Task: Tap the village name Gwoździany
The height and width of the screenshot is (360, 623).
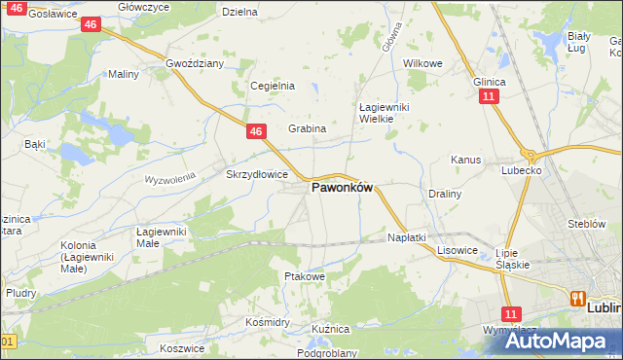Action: pos(195,63)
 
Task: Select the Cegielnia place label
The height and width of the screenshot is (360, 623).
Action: pos(273,86)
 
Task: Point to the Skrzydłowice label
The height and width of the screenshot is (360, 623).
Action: pos(256,175)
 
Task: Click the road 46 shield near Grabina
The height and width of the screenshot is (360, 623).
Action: pos(255,130)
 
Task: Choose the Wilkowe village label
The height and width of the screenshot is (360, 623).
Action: pos(422,63)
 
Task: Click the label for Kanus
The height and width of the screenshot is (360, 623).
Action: pos(465,160)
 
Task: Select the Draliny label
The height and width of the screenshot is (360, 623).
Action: pos(444,194)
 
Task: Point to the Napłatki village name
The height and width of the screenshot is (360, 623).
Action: pos(407,237)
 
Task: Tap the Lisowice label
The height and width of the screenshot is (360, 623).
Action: pos(457,250)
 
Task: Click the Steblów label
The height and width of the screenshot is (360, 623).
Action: pos(587,224)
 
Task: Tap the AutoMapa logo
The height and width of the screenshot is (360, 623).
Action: pos(551,341)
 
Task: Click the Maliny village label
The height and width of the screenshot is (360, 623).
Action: pos(124,74)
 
